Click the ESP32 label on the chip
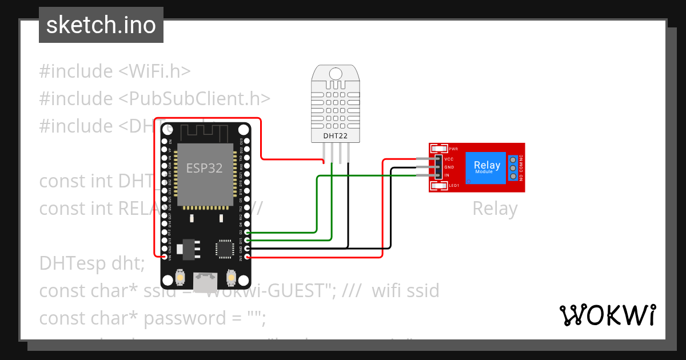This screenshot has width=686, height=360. (x=204, y=168)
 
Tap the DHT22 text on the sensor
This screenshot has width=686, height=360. (x=335, y=136)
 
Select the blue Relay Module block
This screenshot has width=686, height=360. (x=486, y=167)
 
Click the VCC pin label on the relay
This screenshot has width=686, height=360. (x=449, y=159)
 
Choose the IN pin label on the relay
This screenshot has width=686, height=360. (x=447, y=175)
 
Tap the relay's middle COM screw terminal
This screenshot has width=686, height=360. (x=513, y=167)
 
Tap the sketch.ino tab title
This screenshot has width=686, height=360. (x=101, y=26)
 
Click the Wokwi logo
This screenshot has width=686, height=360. (x=607, y=315)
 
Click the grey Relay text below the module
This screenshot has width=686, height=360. (x=494, y=209)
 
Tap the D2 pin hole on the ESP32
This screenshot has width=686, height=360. (x=247, y=233)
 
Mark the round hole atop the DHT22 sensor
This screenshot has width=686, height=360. (x=335, y=73)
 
